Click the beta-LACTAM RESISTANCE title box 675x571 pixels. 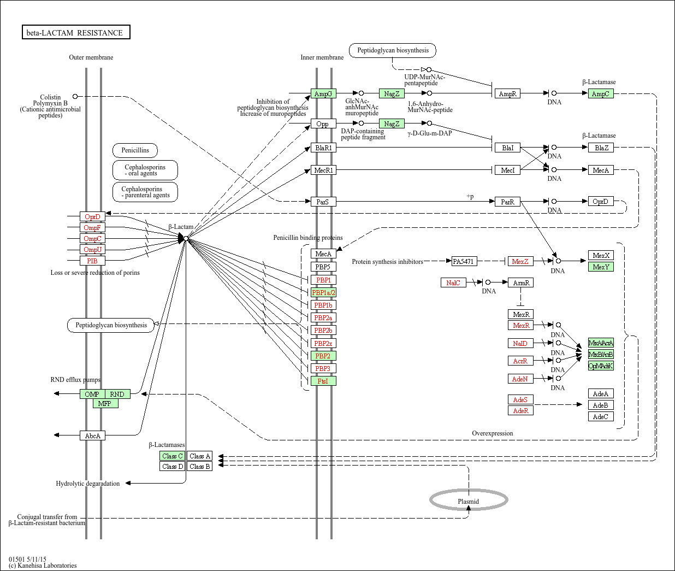point(75,33)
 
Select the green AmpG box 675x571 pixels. point(323,94)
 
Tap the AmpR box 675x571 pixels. point(507,94)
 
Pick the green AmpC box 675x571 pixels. point(601,94)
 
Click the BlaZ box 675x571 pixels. point(601,148)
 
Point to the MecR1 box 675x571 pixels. point(323,170)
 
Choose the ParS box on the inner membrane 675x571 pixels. point(323,202)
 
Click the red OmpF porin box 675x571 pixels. point(92,228)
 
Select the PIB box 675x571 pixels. point(92,261)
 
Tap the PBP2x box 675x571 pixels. point(323,344)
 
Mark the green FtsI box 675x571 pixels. point(323,381)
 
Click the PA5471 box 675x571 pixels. point(464,262)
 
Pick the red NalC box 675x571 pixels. point(453,283)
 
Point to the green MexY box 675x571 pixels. point(601,267)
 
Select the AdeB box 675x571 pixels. point(601,405)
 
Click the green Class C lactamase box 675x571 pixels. point(173,456)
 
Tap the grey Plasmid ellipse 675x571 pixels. point(469,500)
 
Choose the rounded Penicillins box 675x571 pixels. point(135,150)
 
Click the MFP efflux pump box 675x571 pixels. point(105,404)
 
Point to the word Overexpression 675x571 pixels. point(493,434)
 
